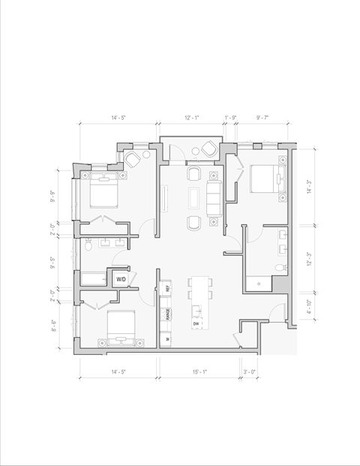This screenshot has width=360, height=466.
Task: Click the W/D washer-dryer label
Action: (x=120, y=279)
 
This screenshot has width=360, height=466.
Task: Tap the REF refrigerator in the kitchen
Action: (x=167, y=289)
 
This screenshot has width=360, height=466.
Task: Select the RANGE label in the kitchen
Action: (x=167, y=314)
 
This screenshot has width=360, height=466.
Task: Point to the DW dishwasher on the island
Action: (x=196, y=323)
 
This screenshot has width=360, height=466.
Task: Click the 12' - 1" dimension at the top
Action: (x=191, y=118)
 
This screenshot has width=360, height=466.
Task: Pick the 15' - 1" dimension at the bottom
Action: (x=199, y=371)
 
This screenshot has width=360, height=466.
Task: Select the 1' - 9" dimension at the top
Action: (x=232, y=118)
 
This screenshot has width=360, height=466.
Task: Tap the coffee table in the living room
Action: (x=194, y=198)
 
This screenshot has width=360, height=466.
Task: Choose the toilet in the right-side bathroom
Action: (x=280, y=267)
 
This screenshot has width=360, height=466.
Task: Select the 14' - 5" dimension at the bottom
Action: (x=118, y=371)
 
